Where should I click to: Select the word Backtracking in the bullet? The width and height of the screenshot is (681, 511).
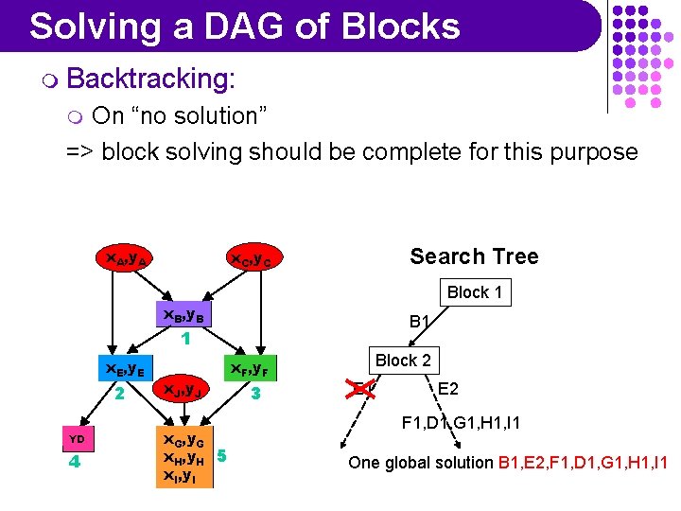click(x=150, y=79)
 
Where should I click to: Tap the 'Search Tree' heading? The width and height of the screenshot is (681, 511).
click(x=474, y=256)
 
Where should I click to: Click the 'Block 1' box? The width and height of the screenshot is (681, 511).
click(x=475, y=292)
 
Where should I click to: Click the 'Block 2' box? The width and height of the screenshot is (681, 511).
click(x=403, y=360)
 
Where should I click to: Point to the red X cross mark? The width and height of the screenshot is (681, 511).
click(x=358, y=388)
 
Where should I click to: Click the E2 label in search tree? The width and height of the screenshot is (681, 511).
click(x=448, y=388)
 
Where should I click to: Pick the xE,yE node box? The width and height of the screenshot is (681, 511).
click(x=123, y=369)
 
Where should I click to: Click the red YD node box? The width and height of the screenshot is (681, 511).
click(x=78, y=439)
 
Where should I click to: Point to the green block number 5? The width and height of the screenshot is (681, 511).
click(x=221, y=456)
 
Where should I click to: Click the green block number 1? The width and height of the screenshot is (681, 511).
click(x=186, y=338)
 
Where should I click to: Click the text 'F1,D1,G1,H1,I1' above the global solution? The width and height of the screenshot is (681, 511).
click(x=461, y=422)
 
